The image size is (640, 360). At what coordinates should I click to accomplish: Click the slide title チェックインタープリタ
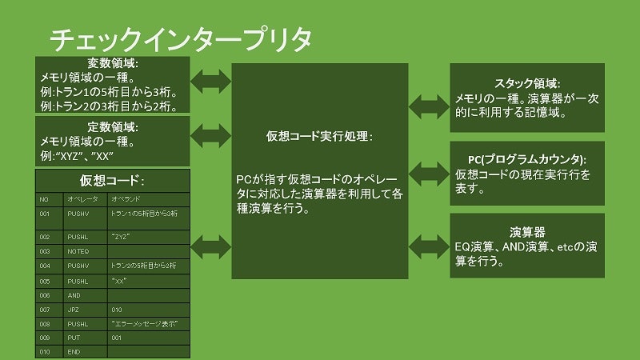click(180, 39)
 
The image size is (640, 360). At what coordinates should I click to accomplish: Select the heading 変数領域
click(113, 64)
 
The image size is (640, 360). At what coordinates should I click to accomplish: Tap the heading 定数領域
click(113, 126)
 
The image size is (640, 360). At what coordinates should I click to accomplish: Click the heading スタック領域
click(527, 83)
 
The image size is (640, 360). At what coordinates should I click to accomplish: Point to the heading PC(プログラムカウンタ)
click(527, 158)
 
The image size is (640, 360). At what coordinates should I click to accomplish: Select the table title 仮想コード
click(113, 180)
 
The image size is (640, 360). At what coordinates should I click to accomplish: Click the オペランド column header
click(127, 198)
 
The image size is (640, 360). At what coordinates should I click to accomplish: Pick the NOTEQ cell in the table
click(80, 251)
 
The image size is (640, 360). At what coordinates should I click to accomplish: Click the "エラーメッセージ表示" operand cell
click(145, 323)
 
